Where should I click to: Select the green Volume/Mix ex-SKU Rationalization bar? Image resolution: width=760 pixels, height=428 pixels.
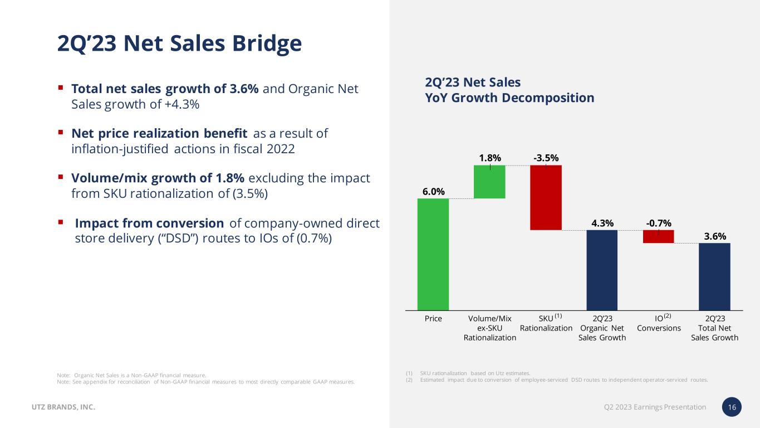(x=489, y=182)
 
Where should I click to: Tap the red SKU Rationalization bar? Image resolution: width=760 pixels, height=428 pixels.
(x=546, y=197)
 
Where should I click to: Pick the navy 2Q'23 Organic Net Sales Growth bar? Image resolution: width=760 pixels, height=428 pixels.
(x=602, y=270)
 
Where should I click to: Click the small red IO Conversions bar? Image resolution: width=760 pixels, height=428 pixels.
(x=658, y=236)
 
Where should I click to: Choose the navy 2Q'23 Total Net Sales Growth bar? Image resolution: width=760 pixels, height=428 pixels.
(x=714, y=276)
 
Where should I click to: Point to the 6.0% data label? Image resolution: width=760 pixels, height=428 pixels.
(x=433, y=192)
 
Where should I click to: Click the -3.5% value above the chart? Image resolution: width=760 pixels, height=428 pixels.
(x=546, y=158)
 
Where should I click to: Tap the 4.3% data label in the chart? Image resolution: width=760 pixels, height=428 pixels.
(x=602, y=223)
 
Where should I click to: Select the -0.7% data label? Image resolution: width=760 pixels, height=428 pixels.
(x=658, y=223)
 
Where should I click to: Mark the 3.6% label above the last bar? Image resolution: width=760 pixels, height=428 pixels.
(x=715, y=236)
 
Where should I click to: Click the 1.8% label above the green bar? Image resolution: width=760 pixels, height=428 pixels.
(x=490, y=158)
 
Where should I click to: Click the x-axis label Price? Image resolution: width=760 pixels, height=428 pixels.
(x=433, y=319)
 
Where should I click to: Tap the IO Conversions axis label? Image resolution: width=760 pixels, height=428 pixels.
(x=659, y=323)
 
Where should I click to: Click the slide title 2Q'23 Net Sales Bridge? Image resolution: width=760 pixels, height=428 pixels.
(x=179, y=43)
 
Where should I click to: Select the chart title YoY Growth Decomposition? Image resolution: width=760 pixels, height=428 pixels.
(x=509, y=98)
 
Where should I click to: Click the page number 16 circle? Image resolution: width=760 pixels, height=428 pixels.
(x=732, y=407)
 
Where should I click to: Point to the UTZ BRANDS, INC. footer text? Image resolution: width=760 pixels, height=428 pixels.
(x=62, y=407)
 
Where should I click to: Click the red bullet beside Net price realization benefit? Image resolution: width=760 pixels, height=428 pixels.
(x=60, y=133)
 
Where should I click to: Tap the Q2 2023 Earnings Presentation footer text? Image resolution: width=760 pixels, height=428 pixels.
(x=655, y=407)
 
